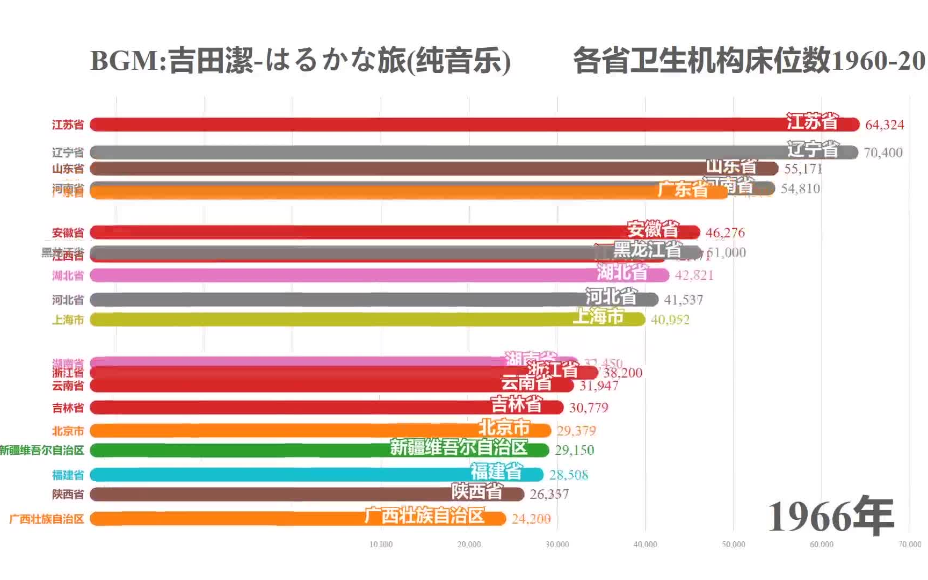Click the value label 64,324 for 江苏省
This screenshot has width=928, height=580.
tap(884, 125)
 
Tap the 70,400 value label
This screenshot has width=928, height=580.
tap(883, 153)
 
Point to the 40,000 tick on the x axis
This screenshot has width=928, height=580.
tap(645, 545)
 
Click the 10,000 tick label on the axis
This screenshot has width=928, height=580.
tap(381, 545)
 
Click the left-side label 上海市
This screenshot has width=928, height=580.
tap(68, 320)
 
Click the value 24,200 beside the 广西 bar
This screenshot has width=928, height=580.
tap(531, 519)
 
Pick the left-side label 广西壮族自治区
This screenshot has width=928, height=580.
tap(47, 519)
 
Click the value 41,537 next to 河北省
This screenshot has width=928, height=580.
tap(683, 300)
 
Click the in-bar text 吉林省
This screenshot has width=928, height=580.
tap(516, 404)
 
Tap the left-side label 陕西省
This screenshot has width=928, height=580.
tap(68, 495)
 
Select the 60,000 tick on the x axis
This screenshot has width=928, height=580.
tap(821, 545)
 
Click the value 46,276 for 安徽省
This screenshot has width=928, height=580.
tap(725, 233)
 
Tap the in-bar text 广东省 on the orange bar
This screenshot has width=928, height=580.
tap(682, 190)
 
